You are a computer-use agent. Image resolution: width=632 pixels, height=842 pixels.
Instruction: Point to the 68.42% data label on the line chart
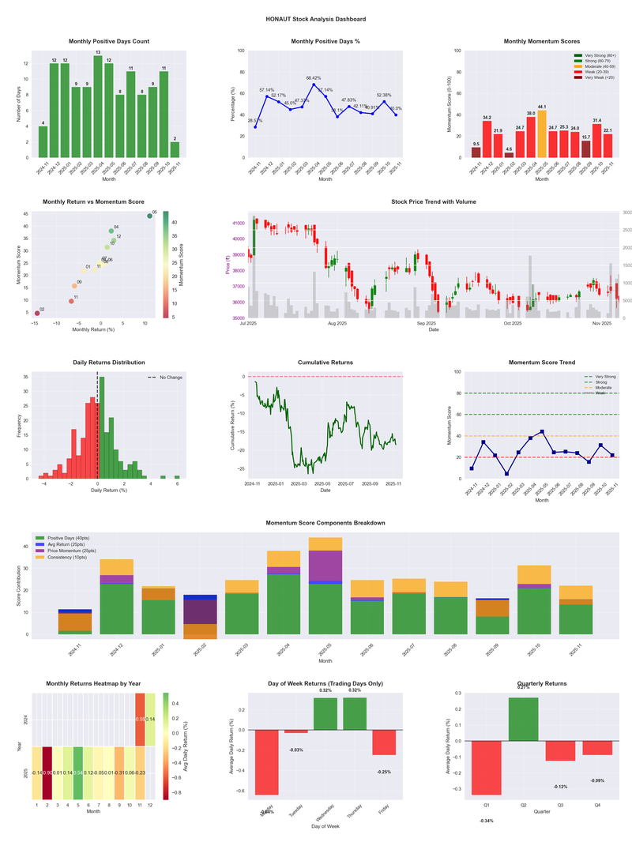(x=314, y=78)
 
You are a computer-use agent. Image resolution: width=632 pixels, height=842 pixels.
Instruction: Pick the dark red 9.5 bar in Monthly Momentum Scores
(x=476, y=152)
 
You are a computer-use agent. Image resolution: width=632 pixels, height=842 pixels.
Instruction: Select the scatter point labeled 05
(x=149, y=216)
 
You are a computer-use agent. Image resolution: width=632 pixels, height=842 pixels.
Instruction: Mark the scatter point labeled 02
(x=36, y=314)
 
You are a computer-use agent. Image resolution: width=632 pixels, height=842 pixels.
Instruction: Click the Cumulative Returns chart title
(x=325, y=363)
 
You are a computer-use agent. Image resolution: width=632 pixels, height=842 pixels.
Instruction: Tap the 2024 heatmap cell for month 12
(x=151, y=720)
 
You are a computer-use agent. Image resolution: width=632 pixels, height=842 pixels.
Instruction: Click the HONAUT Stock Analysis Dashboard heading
(x=316, y=18)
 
